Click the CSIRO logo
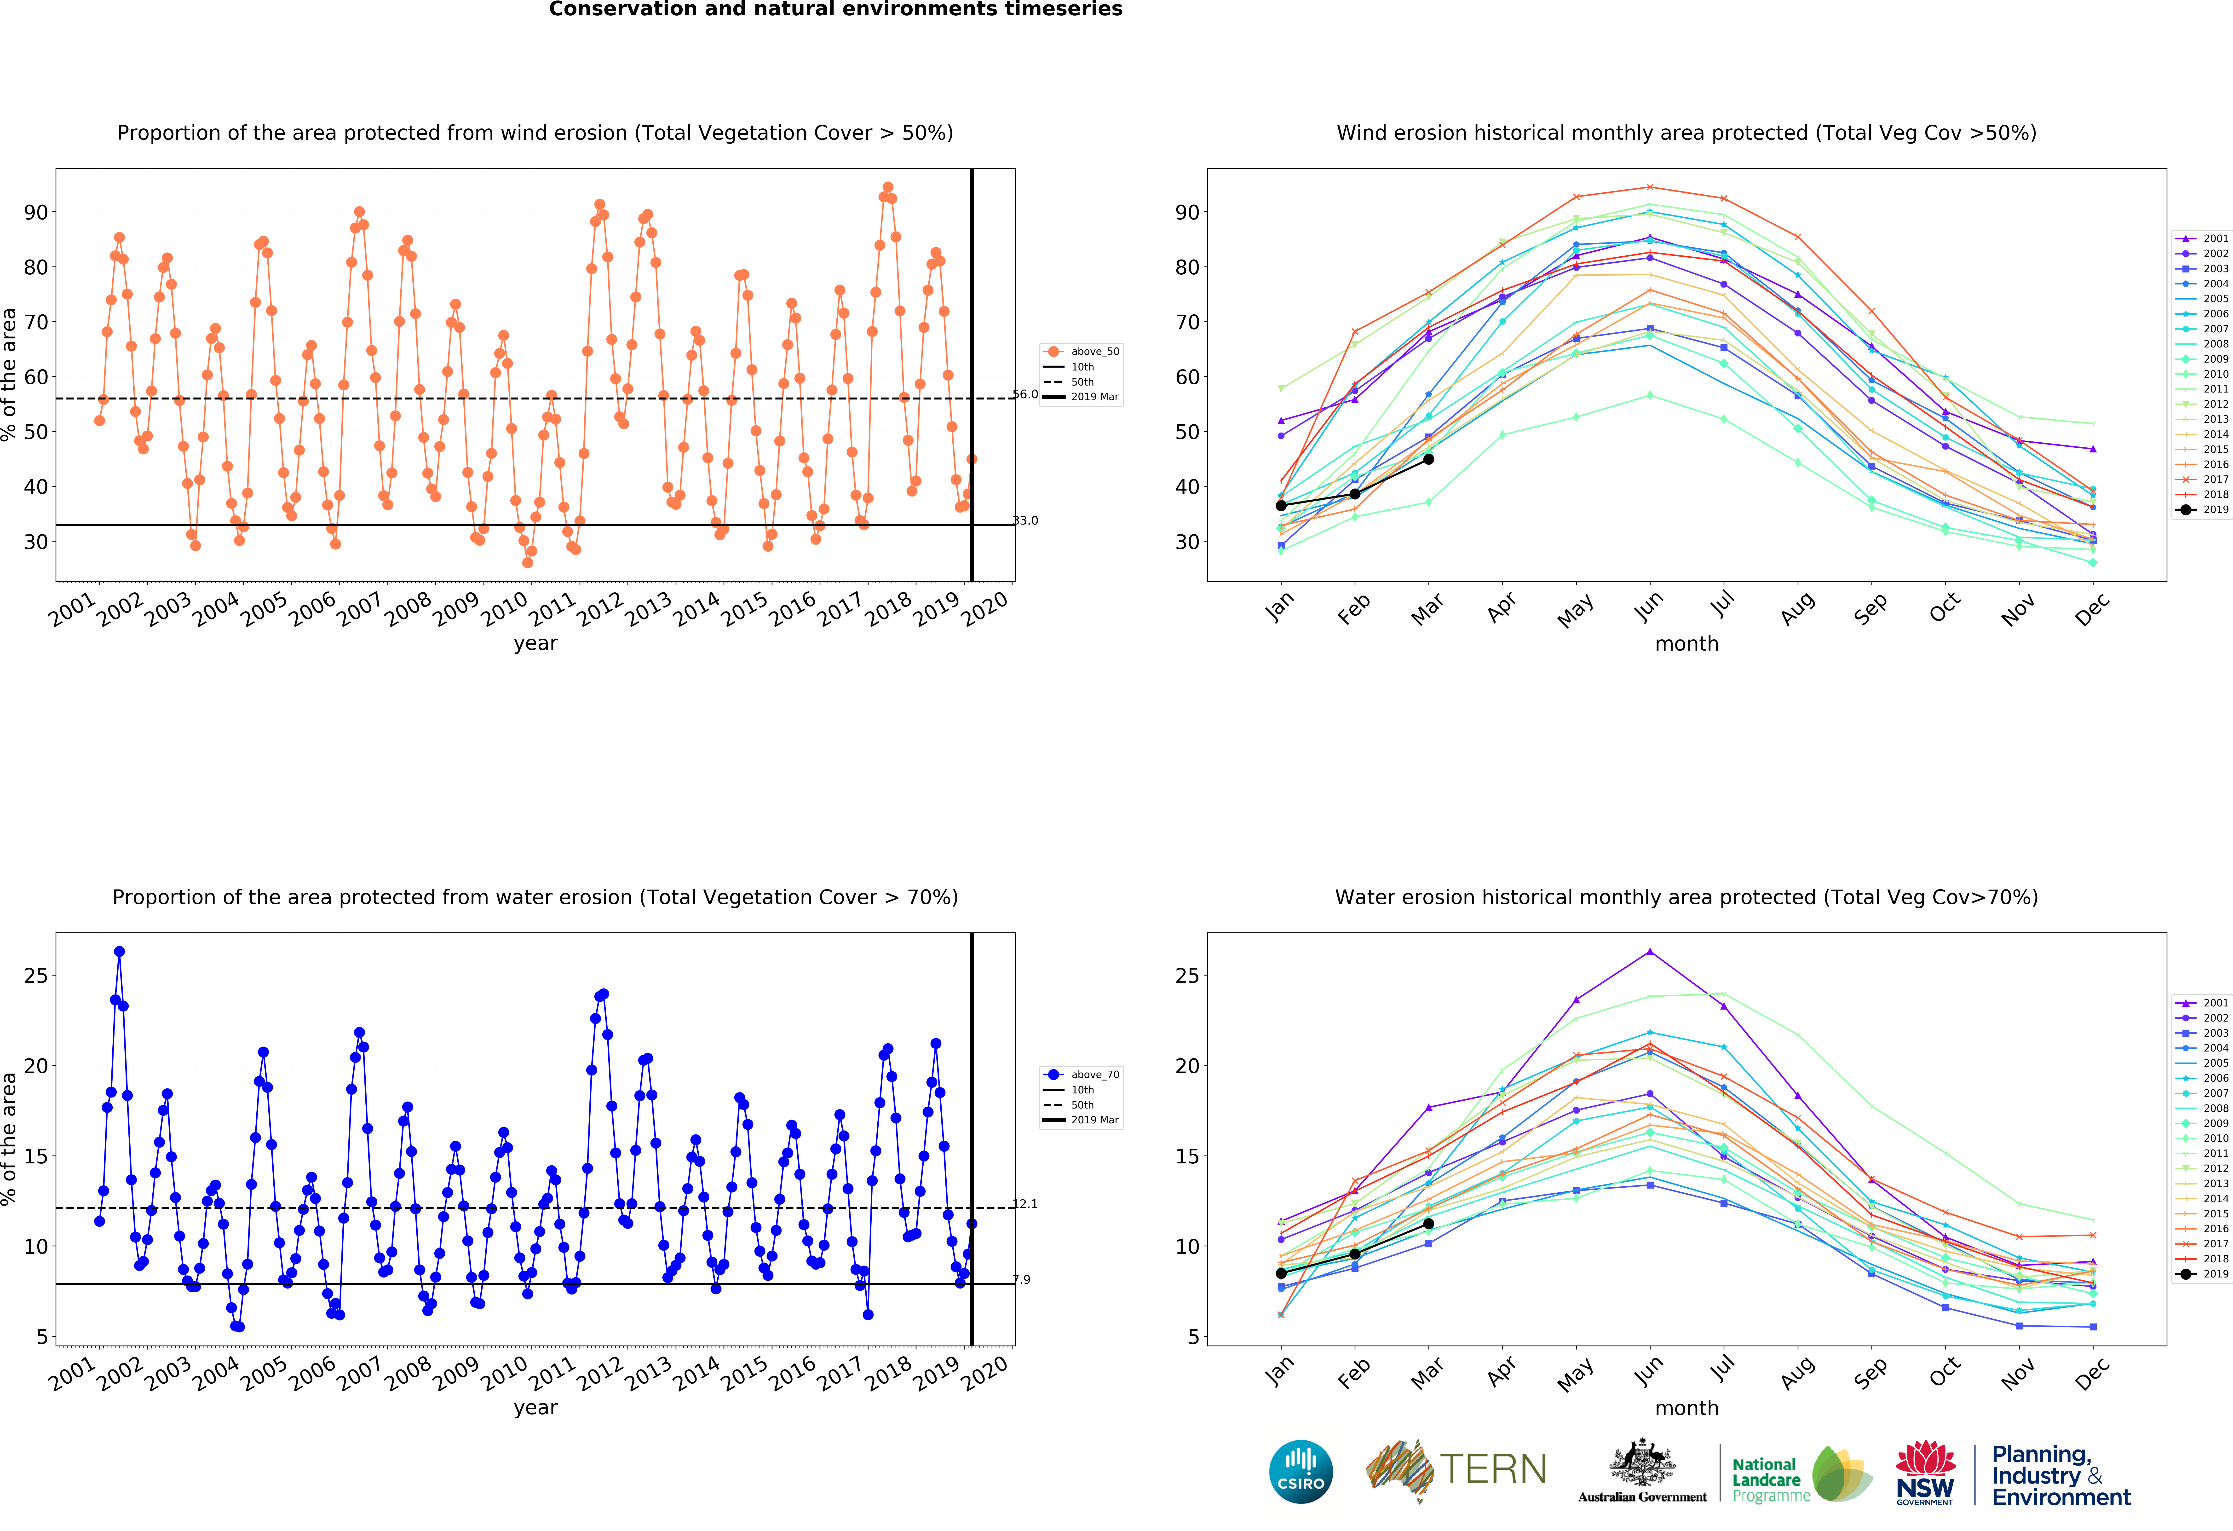tap(1301, 1471)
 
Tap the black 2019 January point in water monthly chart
tap(1281, 1273)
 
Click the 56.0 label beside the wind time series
tap(1025, 394)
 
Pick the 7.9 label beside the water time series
tap(1021, 1279)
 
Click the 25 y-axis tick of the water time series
tap(35, 976)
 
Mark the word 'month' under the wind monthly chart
tap(1686, 644)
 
